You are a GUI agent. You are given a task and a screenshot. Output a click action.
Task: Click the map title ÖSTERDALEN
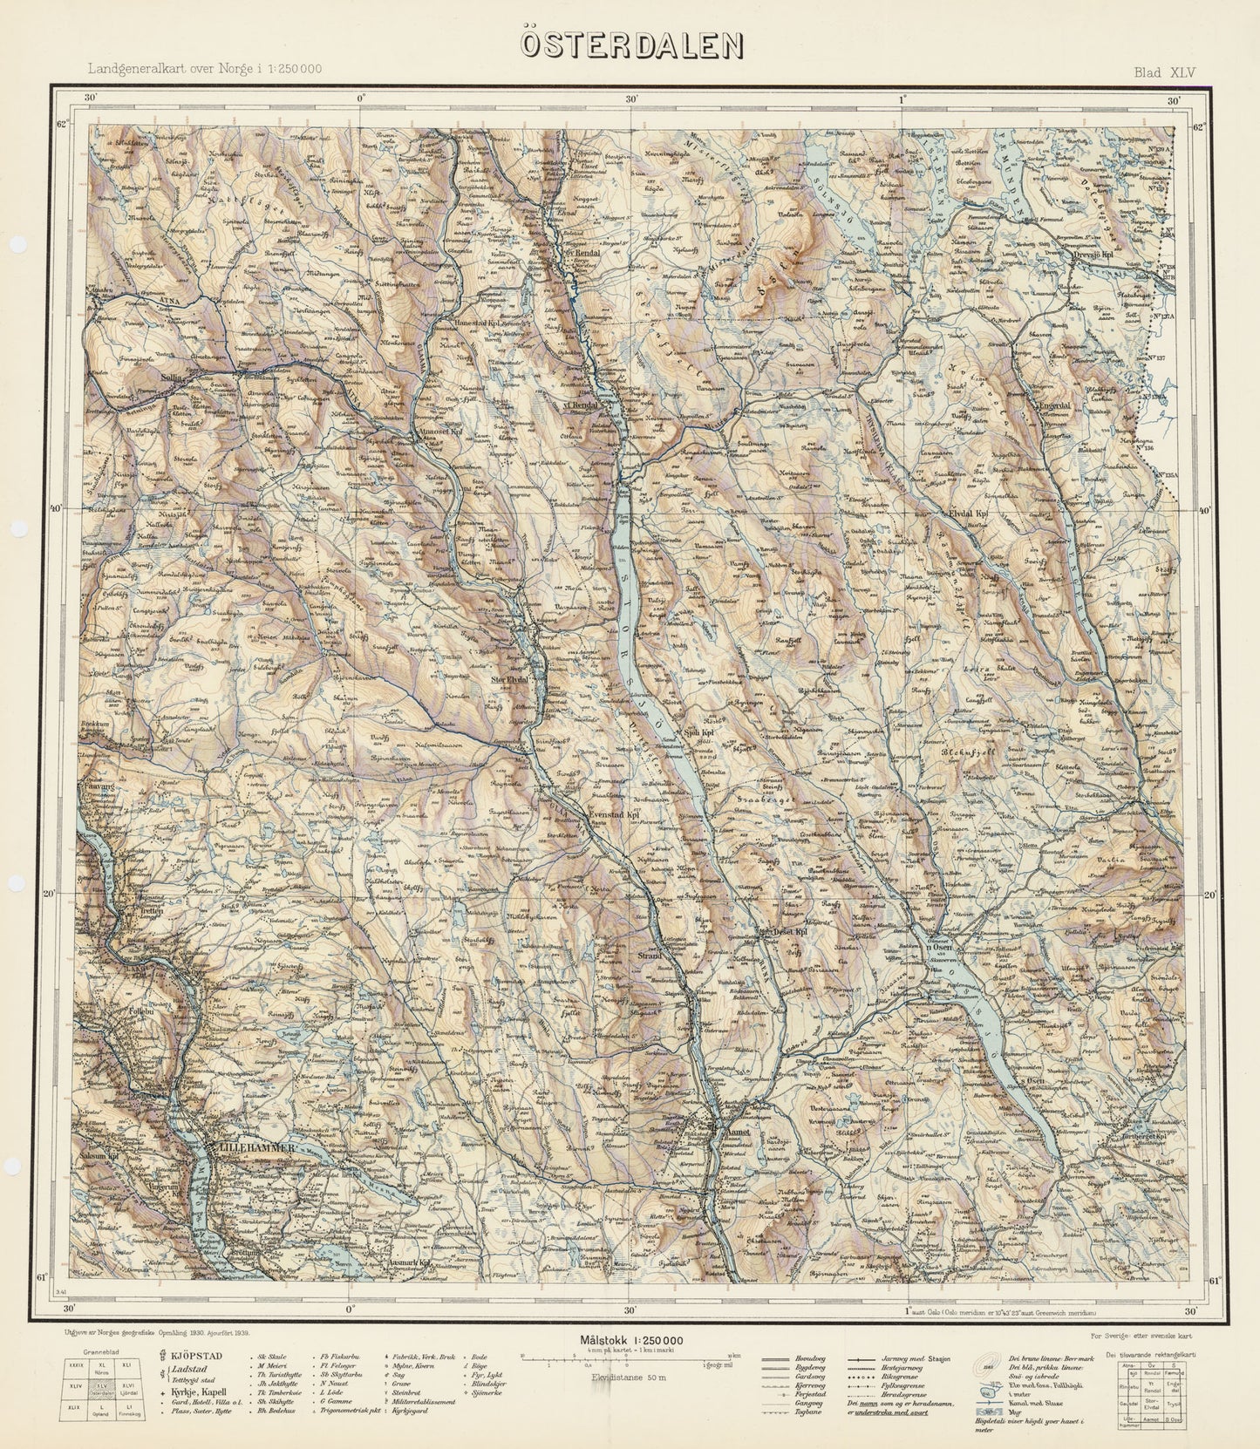click(632, 45)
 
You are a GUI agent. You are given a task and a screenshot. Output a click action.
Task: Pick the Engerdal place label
click(1054, 406)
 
